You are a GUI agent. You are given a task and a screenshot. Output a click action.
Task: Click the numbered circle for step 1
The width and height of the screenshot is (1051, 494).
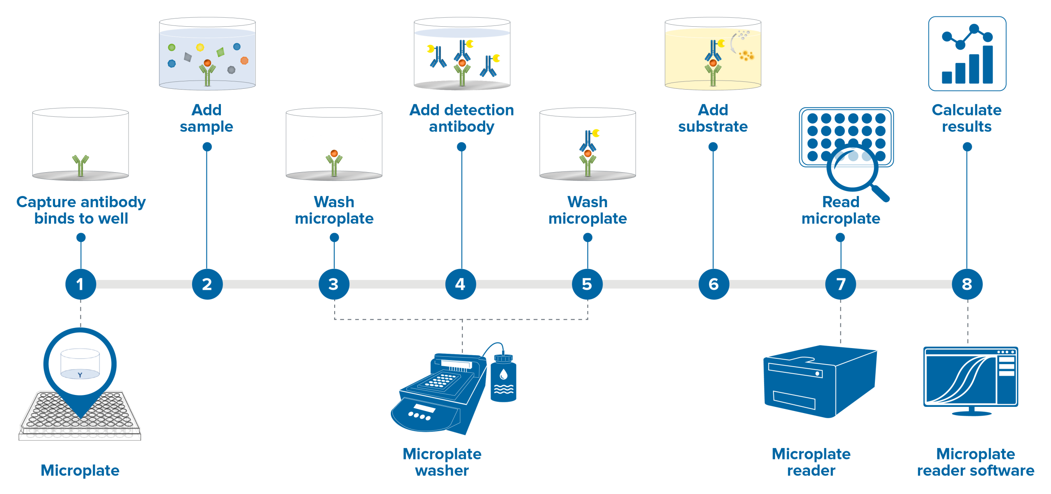80,284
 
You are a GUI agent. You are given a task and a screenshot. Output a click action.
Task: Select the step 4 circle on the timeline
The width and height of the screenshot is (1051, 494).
461,284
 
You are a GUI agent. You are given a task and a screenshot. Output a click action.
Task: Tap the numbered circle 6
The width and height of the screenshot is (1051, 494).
714,284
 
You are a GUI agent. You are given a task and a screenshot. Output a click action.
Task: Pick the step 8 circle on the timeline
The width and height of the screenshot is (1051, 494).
967,284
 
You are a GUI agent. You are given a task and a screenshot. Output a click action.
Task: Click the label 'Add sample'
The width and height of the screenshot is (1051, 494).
207,118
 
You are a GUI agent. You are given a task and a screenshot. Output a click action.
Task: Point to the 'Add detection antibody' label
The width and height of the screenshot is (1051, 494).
462,118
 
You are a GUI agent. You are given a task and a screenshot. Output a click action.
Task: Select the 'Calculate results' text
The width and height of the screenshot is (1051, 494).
967,118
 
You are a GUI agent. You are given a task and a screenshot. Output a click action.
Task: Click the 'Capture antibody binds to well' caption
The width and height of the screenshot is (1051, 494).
81,210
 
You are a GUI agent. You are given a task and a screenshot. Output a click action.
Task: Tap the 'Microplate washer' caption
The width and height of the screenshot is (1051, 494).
442,462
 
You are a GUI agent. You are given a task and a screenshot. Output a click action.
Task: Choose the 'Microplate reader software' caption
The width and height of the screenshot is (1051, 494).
975,462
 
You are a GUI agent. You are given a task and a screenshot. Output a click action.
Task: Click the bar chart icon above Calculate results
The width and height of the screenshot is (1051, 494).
967,53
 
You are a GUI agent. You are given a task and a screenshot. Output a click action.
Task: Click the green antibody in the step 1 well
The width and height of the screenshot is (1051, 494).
80,165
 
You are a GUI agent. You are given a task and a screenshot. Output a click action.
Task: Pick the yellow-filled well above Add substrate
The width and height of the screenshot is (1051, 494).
713,55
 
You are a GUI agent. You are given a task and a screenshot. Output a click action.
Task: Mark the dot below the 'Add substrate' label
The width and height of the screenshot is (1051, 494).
713,147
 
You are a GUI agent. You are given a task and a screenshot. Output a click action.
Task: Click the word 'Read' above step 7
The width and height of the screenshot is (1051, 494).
841,202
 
